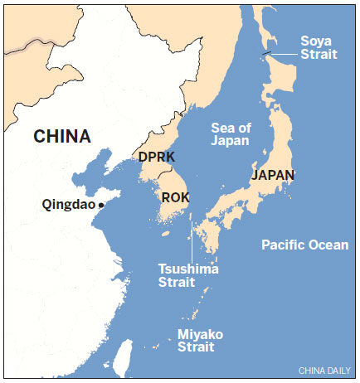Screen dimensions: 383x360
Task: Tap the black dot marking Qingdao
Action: click(100, 205)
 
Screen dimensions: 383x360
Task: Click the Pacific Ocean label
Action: click(303, 245)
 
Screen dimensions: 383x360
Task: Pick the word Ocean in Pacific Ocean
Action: click(327, 245)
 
